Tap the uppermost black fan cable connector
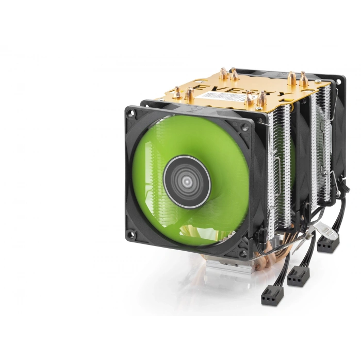[328, 242]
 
